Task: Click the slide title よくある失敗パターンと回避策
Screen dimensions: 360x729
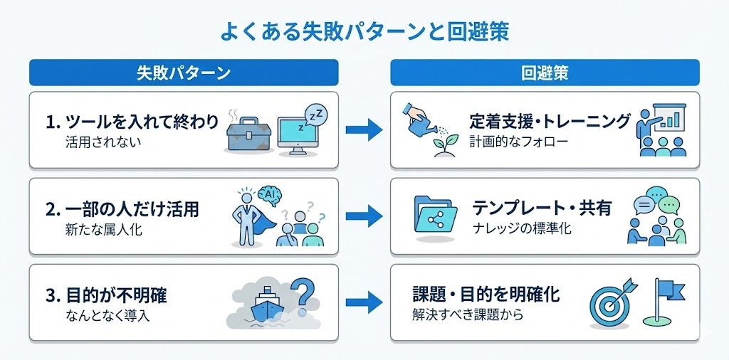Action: [x=364, y=32]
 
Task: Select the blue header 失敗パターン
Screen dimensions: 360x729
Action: [x=183, y=73]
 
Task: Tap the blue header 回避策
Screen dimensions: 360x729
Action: [x=545, y=73]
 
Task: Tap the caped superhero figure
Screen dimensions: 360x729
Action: [x=249, y=216]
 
